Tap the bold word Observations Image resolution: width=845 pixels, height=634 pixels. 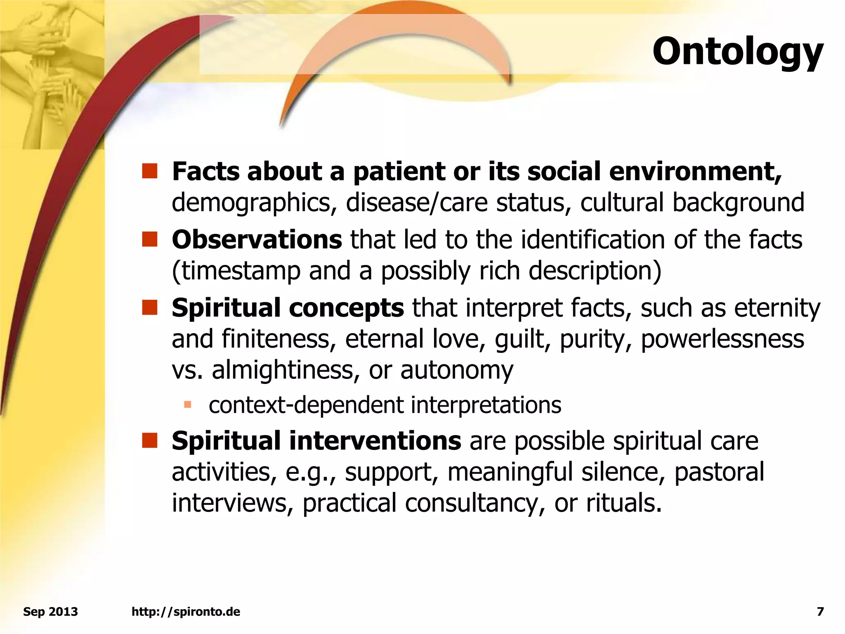point(257,239)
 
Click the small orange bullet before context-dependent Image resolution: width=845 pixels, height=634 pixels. point(188,404)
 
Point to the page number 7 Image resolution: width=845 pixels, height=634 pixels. point(820,611)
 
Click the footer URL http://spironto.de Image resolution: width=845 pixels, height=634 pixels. point(186,611)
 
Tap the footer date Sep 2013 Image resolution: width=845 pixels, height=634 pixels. point(50,611)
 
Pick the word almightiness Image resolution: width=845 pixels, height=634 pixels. point(283,370)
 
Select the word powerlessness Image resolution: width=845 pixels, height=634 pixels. point(722,339)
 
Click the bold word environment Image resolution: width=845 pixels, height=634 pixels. point(695,171)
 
